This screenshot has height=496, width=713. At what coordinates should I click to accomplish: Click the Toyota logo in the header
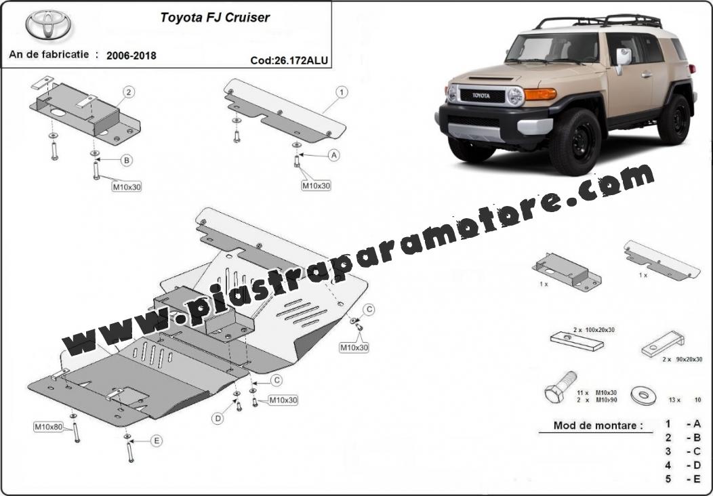pos(48,24)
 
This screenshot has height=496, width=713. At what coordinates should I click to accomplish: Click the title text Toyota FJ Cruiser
pos(215,18)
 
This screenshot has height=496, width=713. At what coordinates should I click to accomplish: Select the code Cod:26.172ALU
pos(289,60)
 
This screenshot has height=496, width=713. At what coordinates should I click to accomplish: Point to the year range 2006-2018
pos(131,56)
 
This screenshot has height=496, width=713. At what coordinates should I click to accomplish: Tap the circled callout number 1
pos(342,92)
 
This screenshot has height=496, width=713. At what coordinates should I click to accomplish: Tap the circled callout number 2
pos(129,92)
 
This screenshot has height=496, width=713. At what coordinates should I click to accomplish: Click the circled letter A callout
pos(334,155)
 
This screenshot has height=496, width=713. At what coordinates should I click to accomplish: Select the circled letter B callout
pos(127,160)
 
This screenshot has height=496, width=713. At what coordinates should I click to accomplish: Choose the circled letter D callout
pos(218,419)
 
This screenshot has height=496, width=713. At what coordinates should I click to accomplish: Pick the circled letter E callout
pos(157,440)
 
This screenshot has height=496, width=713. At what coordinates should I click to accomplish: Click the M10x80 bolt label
pos(49,427)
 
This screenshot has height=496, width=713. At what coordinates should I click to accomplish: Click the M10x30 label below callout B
pos(127,186)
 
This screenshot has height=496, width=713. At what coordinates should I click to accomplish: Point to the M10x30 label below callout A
pos(316,186)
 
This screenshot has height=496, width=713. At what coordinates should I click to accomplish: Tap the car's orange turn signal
pos(540,94)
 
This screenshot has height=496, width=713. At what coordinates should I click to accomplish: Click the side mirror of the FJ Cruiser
pos(623,59)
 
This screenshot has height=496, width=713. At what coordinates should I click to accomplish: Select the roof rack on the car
pos(599,21)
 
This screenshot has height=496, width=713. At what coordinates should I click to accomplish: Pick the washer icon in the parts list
pos(643,396)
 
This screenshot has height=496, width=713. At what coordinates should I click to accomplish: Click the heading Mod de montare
pos(598,426)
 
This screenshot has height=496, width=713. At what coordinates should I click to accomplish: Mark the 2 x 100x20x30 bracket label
pos(594,329)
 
